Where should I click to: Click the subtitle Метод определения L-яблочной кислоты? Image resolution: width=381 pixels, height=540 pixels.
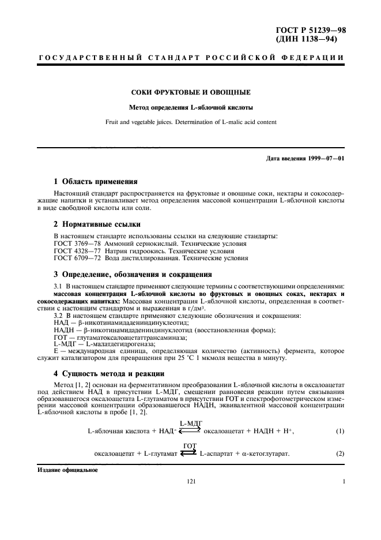tap(190, 107)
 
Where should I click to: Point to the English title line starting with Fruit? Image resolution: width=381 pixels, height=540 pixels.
tap(190, 122)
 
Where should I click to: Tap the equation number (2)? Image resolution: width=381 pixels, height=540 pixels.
tap(340, 453)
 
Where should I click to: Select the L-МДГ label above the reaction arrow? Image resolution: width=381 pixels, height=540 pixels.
tap(190, 423)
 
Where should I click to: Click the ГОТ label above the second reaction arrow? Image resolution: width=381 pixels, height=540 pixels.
tap(189, 446)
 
